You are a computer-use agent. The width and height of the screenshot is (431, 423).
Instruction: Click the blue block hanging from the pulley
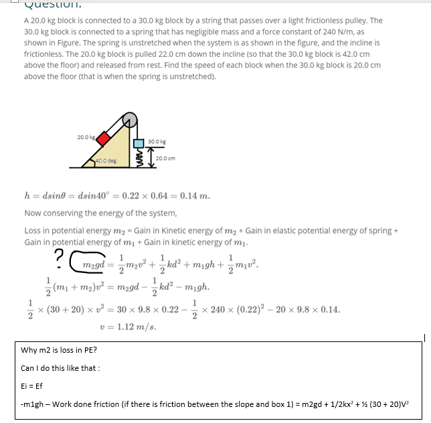click(x=139, y=143)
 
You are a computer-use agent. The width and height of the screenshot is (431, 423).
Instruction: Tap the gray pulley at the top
click(x=131, y=120)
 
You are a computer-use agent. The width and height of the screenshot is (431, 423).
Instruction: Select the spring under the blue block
click(x=139, y=159)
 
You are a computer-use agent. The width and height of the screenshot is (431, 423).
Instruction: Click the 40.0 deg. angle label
click(x=107, y=161)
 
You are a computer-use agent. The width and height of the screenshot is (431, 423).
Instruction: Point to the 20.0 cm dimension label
click(x=166, y=158)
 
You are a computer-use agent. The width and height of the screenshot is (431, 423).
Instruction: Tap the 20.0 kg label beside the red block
click(x=86, y=137)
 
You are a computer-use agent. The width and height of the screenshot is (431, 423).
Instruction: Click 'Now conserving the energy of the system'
click(x=100, y=214)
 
